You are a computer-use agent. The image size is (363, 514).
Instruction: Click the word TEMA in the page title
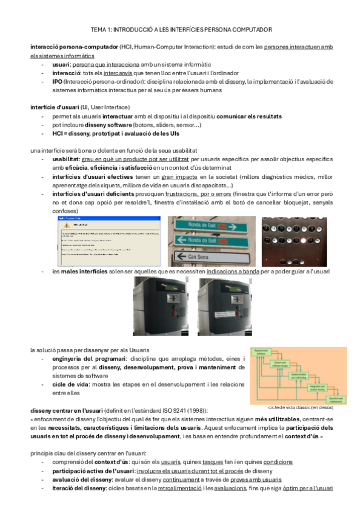[98, 29]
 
